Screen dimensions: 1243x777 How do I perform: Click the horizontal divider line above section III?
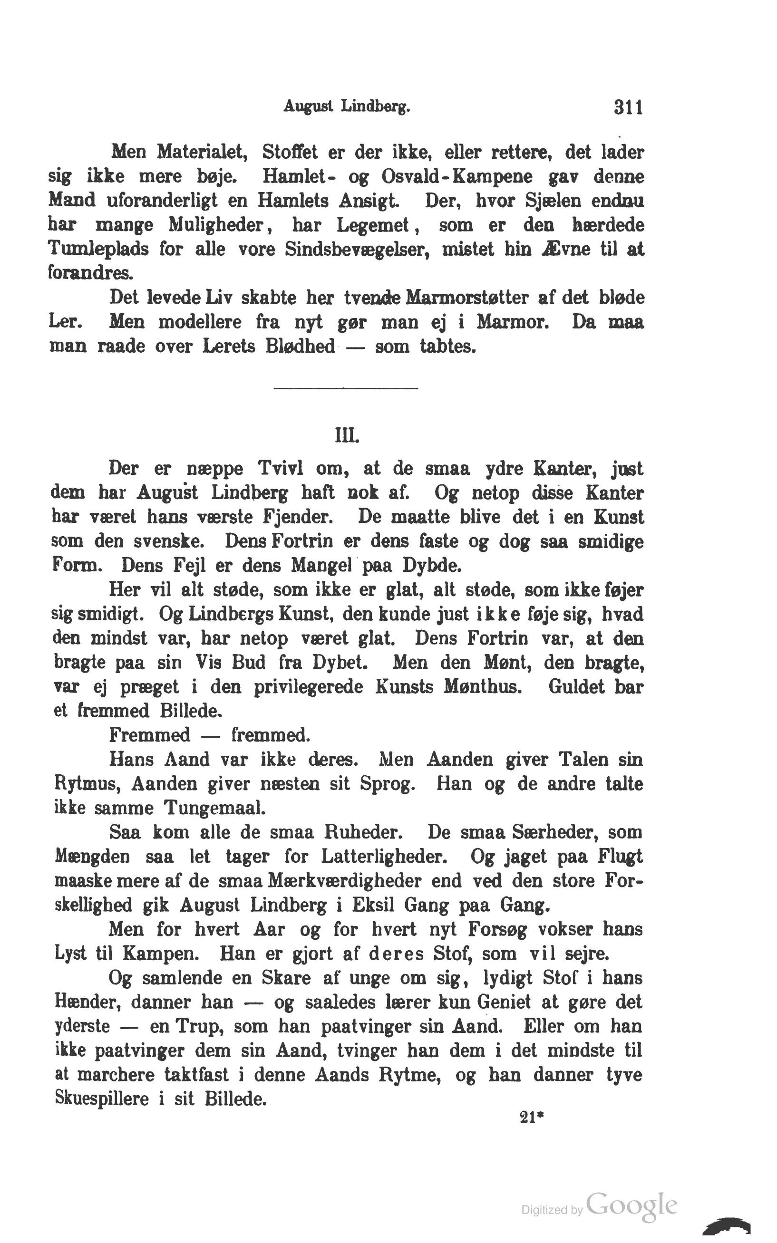pos(346,388)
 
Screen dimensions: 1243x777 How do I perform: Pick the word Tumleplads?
pos(98,249)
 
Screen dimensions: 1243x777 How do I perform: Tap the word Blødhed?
pos(300,346)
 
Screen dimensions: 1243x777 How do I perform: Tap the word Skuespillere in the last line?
pos(102,1098)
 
